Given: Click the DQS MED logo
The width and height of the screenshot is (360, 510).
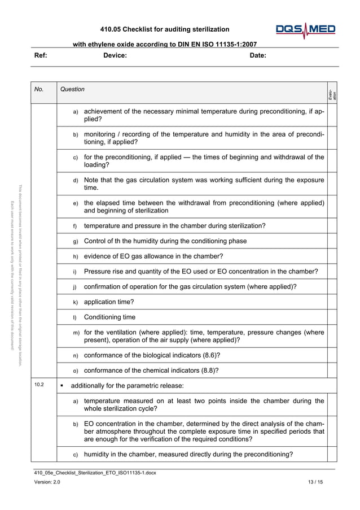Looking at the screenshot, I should (305, 30).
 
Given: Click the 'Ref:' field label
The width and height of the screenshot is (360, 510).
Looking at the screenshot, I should (41, 55).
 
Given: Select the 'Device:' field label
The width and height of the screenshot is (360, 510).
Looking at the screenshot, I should (115, 55).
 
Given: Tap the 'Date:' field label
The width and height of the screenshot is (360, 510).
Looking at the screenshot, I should (258, 55).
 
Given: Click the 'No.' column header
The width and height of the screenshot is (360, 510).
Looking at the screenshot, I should (39, 89).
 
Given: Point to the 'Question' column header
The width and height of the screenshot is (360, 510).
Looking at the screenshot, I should (72, 89).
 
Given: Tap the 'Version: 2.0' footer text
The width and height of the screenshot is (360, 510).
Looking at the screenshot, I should (47, 482).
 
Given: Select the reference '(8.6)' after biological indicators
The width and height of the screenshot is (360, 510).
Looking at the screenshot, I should (210, 355).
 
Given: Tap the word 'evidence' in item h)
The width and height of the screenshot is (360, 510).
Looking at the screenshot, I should (99, 256).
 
